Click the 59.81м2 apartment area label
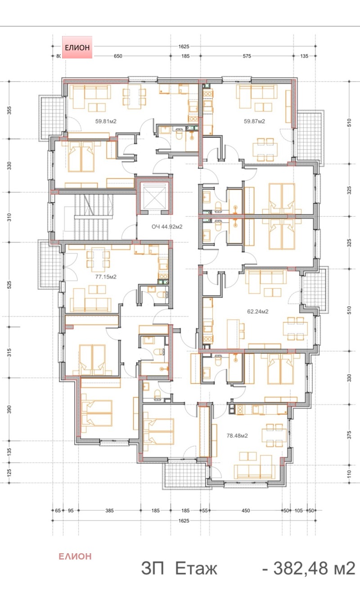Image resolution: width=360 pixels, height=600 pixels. [x=106, y=121]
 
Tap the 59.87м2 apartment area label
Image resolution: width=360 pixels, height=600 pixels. [x=254, y=121]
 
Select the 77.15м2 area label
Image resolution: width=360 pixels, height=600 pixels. [x=106, y=277]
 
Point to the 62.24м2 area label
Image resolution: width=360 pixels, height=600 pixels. [x=257, y=312]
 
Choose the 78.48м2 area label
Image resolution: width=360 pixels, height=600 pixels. [x=237, y=436]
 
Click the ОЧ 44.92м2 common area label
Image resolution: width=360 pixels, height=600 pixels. [x=167, y=227]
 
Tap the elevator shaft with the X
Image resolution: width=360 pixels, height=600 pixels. [x=155, y=197]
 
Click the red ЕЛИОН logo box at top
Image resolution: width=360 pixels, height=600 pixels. [x=77, y=47]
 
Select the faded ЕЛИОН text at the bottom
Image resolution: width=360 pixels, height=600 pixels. [x=75, y=557]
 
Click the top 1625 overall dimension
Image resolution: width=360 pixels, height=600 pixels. [x=184, y=47]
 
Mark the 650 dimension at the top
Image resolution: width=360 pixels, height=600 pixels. [x=118, y=56]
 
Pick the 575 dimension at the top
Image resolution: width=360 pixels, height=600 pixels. [x=247, y=56]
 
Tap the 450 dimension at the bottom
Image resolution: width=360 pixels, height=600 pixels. [x=246, y=510]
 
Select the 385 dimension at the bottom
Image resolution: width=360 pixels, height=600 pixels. [x=109, y=510]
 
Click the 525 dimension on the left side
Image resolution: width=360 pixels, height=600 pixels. [x=9, y=285]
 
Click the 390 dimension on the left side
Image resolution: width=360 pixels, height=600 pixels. [x=9, y=409]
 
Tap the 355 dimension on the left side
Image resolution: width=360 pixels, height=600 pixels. [x=9, y=110]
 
